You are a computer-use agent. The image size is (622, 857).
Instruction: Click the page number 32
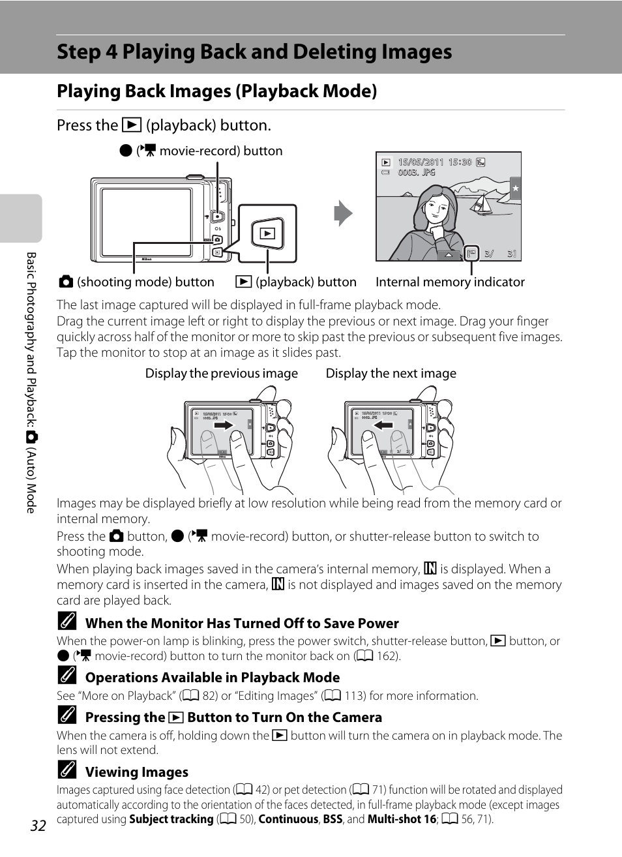(38, 826)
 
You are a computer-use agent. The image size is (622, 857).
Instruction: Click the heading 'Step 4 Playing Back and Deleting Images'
(254, 52)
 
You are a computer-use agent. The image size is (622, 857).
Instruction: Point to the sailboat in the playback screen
(482, 203)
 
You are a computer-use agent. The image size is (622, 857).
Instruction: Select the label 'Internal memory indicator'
(450, 282)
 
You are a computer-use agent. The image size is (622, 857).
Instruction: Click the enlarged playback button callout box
(267, 233)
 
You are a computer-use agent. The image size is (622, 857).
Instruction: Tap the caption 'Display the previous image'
(221, 373)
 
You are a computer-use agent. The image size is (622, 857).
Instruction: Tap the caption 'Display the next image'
(391, 373)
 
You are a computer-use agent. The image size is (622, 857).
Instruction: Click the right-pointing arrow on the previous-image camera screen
(224, 425)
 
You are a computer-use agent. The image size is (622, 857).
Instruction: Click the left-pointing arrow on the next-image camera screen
(383, 425)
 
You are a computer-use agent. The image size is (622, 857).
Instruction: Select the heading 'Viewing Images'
(137, 772)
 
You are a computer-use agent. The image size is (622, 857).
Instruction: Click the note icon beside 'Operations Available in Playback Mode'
(67, 675)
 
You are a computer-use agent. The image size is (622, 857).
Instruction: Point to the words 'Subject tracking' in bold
(171, 819)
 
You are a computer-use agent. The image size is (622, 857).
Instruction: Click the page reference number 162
(387, 656)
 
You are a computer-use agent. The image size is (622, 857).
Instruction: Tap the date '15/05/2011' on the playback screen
(421, 162)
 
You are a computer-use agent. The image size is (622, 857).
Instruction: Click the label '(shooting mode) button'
(145, 282)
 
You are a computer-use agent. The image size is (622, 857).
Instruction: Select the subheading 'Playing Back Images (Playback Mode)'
(217, 91)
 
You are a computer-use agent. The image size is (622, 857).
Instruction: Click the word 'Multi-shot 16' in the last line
(402, 819)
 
